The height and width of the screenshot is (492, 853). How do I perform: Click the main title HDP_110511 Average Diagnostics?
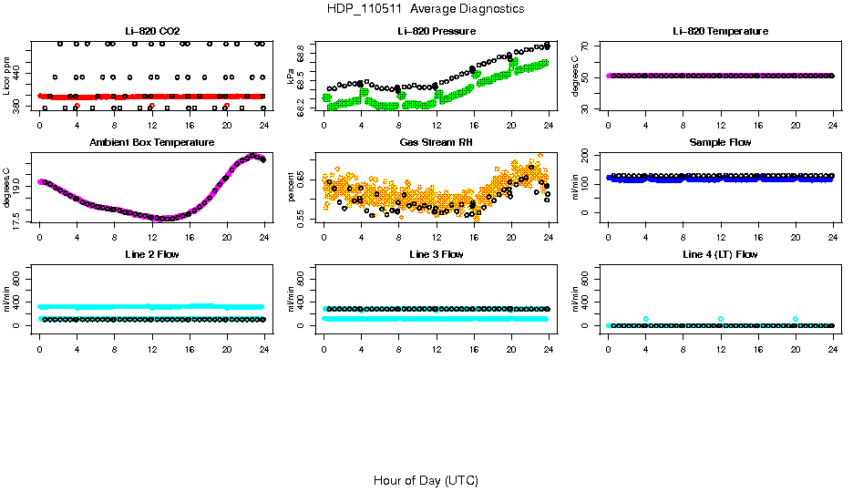click(426, 8)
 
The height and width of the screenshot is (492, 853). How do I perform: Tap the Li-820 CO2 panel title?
click(152, 32)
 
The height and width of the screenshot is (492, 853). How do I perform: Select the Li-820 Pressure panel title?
click(436, 32)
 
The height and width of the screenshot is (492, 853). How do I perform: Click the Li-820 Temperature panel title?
click(720, 32)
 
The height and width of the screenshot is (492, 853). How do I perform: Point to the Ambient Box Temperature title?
click(152, 143)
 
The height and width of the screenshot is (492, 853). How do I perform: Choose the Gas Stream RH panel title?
click(436, 143)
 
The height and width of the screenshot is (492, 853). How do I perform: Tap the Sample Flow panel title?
click(720, 143)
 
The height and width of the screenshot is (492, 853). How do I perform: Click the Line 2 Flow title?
click(152, 254)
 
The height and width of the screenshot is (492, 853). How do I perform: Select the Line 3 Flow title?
click(436, 254)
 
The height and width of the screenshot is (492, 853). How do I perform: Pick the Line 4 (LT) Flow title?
click(720, 254)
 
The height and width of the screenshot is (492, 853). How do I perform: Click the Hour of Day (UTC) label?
click(426, 480)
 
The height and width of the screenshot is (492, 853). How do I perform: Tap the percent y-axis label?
click(292, 190)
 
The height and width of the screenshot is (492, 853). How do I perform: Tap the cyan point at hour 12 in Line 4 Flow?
click(720, 319)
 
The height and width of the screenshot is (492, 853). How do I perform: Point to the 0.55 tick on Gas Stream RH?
click(303, 216)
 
